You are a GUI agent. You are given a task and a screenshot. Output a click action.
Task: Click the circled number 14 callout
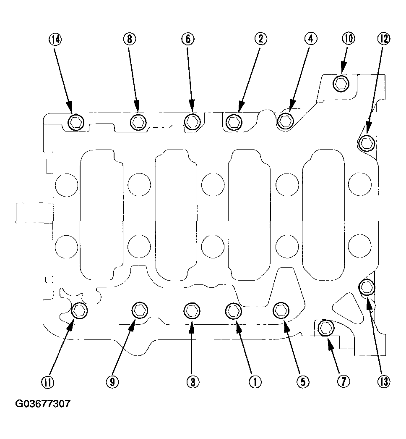[x=56, y=39]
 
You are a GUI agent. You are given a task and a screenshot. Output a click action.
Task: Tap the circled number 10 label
[x=349, y=39]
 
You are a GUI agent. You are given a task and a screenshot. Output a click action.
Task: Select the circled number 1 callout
[x=255, y=381]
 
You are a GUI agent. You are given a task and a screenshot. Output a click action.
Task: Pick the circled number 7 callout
[x=344, y=381]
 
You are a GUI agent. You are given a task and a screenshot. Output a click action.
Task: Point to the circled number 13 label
[x=384, y=381]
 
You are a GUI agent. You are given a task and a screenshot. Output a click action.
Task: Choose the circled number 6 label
[x=188, y=39]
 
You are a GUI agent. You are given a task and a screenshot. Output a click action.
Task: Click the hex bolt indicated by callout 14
[x=76, y=122]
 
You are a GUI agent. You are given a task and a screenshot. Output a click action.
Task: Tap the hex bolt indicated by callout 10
[x=341, y=83]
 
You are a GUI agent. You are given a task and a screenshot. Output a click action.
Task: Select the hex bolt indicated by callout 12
[x=366, y=143]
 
